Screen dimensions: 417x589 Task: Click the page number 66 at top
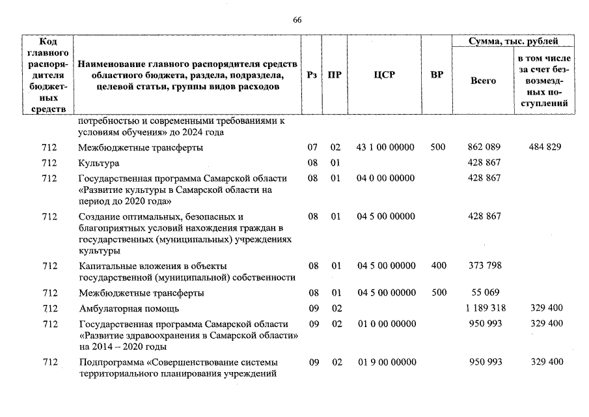click(297, 20)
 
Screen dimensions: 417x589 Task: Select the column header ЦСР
click(385, 75)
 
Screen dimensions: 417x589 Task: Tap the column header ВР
click(437, 75)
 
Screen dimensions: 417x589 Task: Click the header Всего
click(483, 81)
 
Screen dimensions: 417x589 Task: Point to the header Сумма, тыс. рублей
click(514, 42)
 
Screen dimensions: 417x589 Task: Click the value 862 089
click(484, 147)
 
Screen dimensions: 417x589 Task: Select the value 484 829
click(545, 147)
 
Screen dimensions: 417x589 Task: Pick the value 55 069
click(484, 293)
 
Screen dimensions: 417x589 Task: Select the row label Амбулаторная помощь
click(128, 308)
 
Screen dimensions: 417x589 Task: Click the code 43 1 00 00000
click(385, 147)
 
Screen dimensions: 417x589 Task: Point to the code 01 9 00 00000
click(385, 362)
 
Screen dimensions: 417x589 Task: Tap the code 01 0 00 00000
click(385, 324)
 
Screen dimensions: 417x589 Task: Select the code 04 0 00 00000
click(385, 178)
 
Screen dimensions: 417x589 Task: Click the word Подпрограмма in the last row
click(111, 362)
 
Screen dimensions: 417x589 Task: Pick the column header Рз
click(312, 75)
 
